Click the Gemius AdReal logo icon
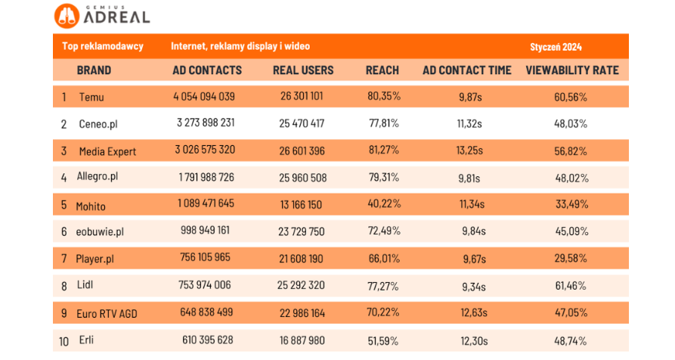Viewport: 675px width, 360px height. click(x=65, y=15)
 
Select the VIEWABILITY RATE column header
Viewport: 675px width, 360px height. click(x=571, y=70)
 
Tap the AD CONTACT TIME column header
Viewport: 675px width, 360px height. click(x=466, y=70)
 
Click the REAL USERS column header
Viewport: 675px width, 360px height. click(x=302, y=70)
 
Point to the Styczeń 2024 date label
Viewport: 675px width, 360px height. click(x=556, y=47)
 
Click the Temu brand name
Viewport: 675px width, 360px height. click(x=91, y=97)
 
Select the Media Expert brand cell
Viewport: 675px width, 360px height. click(x=107, y=151)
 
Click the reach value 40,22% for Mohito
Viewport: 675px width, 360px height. click(x=383, y=205)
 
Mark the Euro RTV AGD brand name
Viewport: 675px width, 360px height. click(x=107, y=314)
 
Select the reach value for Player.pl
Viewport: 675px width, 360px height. click(x=383, y=259)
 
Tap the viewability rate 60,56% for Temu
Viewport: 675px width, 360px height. click(x=571, y=97)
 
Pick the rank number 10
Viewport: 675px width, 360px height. click(x=64, y=341)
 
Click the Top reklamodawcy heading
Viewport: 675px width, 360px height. click(x=102, y=47)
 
